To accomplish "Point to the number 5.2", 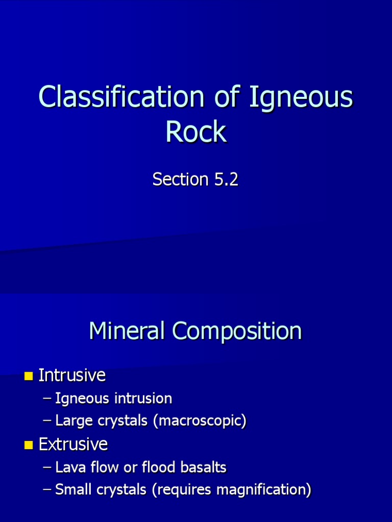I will coord(225,179).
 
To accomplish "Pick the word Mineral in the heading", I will coord(127,331).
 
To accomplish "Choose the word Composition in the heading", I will coord(237,331).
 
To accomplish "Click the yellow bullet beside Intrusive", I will coord(28,377).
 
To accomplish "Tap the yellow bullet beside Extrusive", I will coord(28,446).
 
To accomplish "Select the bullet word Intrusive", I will coord(72,376).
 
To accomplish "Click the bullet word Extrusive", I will coord(73,445).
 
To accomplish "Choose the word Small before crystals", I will coord(71,490).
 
